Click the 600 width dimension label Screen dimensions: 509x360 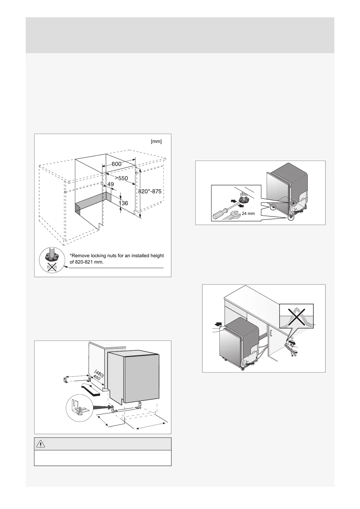coord(116,164)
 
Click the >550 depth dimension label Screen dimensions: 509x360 coord(121,178)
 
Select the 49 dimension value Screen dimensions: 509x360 coord(111,184)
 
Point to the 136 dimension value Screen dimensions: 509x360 coord(123,203)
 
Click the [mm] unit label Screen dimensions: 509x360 coord(156,141)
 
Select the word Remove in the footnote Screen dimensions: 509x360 coord(79,256)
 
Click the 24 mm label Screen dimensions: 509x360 coord(248,213)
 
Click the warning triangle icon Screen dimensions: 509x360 coord(40,444)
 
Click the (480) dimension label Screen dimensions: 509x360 coord(99,374)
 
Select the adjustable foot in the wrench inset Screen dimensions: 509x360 coord(242,200)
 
